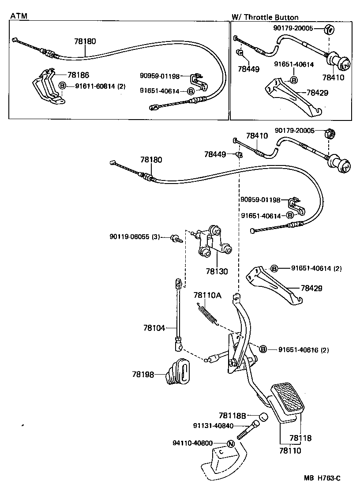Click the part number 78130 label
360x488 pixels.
(x=217, y=271)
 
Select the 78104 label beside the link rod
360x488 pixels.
(x=154, y=328)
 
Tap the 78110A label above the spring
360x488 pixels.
(x=207, y=295)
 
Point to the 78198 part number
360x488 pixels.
(x=142, y=374)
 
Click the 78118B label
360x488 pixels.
(x=232, y=416)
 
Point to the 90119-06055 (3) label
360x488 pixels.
(x=135, y=237)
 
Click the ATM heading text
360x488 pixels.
(x=19, y=16)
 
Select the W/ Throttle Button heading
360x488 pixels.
(x=265, y=18)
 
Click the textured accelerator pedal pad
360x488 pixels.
(x=287, y=399)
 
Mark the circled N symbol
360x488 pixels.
(x=230, y=443)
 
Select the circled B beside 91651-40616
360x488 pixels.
(x=263, y=349)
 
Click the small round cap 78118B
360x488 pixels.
(x=263, y=417)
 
